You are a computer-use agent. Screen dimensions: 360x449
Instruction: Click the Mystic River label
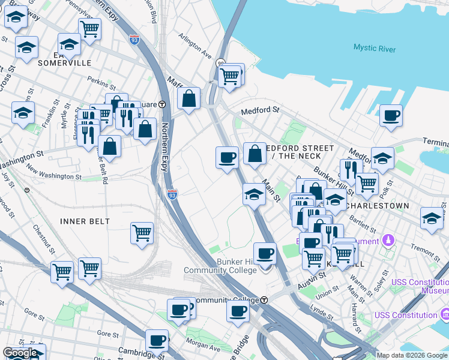(x=375, y=49)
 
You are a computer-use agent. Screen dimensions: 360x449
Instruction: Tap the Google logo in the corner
(x=20, y=353)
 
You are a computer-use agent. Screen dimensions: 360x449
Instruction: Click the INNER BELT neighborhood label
(x=85, y=221)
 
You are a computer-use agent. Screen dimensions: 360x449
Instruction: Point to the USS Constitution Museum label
(x=420, y=286)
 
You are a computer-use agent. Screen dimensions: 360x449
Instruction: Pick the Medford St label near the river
(x=261, y=110)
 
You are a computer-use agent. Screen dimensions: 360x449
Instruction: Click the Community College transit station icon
(x=264, y=300)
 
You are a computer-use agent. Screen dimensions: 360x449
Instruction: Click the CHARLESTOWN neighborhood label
(x=378, y=206)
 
